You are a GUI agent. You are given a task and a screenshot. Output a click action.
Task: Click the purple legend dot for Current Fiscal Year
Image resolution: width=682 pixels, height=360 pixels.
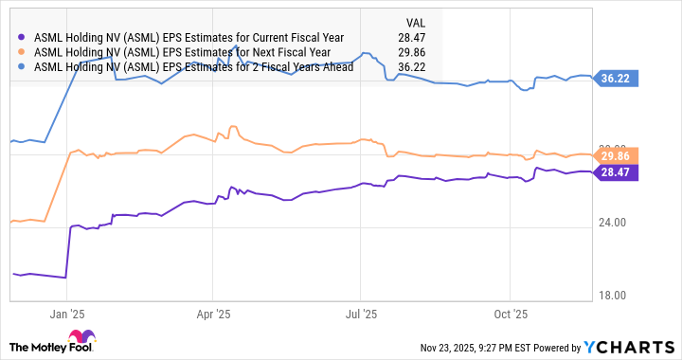(22, 37)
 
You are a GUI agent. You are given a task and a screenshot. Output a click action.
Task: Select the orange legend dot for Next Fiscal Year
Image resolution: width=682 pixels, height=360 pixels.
(22, 52)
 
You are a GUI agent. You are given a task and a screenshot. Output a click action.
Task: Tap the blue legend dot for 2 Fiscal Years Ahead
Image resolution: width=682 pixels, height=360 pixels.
(22, 67)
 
